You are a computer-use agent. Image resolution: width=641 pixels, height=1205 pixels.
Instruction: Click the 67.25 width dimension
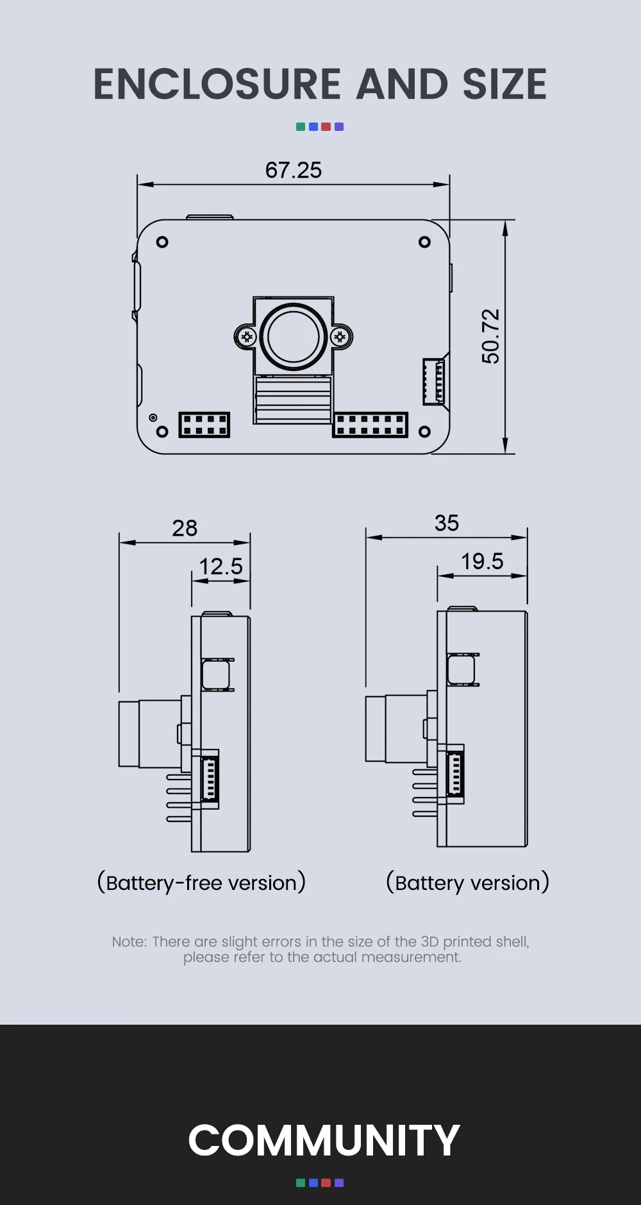point(293,170)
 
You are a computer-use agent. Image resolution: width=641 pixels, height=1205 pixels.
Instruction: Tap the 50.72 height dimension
point(490,336)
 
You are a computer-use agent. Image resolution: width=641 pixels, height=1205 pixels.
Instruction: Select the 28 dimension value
point(185,528)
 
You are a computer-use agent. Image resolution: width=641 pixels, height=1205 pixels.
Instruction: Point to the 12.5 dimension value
point(221,567)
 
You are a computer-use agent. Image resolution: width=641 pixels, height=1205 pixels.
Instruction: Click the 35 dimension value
point(447,523)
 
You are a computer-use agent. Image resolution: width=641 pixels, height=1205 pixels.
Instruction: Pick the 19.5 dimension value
point(482,561)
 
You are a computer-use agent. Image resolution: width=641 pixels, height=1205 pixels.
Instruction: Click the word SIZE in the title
point(504,85)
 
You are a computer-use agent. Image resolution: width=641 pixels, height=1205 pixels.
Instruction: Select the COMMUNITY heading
point(324,1140)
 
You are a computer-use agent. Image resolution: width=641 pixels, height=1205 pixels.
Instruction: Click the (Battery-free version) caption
point(201,883)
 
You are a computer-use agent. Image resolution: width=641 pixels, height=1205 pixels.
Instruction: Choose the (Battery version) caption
point(467,883)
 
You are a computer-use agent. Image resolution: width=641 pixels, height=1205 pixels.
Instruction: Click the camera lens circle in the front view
point(294,337)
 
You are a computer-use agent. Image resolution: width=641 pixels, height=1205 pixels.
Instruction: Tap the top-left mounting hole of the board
point(162,242)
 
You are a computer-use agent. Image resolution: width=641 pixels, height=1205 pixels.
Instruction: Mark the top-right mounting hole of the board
point(424,242)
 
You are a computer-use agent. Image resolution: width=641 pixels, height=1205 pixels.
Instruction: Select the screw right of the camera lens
point(340,337)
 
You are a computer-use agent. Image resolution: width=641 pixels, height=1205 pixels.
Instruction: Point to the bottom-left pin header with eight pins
point(204,425)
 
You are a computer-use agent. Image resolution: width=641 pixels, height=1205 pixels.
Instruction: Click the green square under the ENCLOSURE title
point(300,127)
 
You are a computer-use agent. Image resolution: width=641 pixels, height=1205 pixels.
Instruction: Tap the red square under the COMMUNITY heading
point(326,1183)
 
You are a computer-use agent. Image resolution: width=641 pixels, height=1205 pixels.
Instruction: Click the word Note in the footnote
point(129,942)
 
